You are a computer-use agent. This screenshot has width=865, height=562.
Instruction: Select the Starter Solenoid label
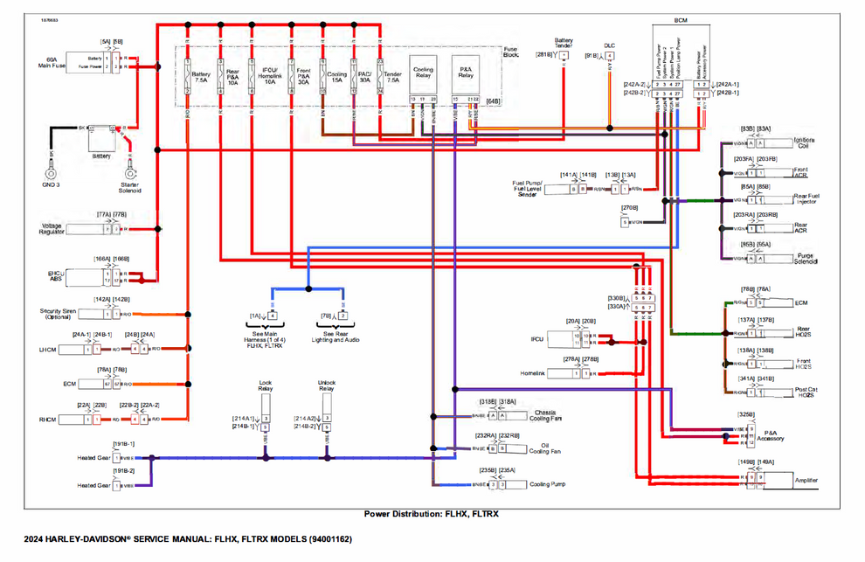[129, 187]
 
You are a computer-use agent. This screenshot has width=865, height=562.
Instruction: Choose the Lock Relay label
[266, 385]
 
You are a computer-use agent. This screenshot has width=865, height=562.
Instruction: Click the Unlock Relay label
[326, 385]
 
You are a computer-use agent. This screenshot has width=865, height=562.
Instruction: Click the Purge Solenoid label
[806, 259]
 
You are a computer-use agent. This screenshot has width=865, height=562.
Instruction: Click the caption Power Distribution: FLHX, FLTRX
[431, 514]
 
